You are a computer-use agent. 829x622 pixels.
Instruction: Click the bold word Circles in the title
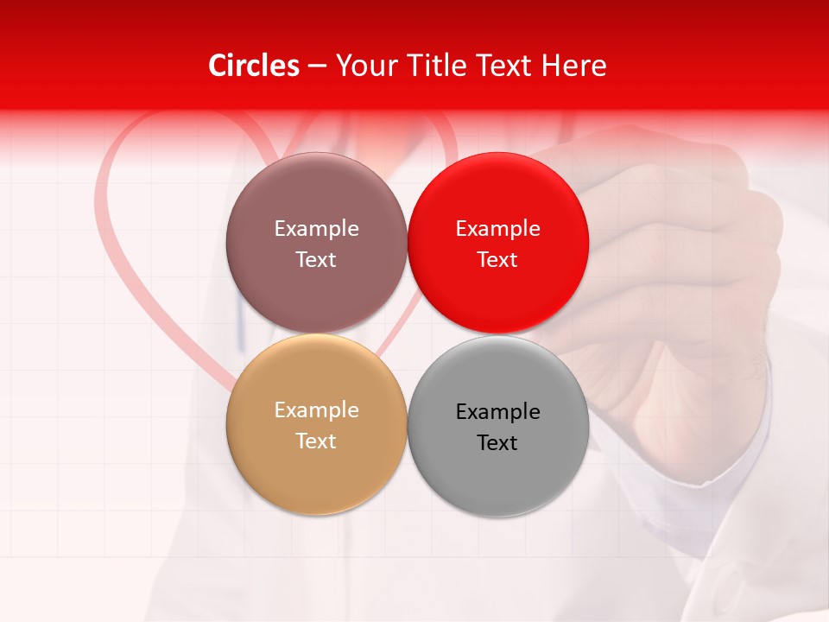pyautogui.click(x=254, y=66)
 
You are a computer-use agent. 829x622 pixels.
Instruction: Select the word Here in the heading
pyautogui.click(x=573, y=66)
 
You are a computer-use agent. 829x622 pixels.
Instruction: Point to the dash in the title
pyautogui.click(x=317, y=67)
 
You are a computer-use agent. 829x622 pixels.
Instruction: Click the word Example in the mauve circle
pyautogui.click(x=316, y=228)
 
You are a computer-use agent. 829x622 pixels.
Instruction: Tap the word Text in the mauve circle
pyautogui.click(x=316, y=259)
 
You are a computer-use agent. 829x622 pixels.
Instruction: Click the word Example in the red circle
pyautogui.click(x=497, y=228)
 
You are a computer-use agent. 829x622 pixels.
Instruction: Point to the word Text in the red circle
pyautogui.click(x=497, y=259)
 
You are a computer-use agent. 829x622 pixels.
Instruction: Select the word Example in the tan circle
pyautogui.click(x=316, y=410)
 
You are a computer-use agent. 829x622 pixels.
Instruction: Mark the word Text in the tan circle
pyautogui.click(x=316, y=441)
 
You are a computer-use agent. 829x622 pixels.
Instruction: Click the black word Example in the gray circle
pyautogui.click(x=497, y=412)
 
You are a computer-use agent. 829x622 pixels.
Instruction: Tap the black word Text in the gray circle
pyautogui.click(x=497, y=442)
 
